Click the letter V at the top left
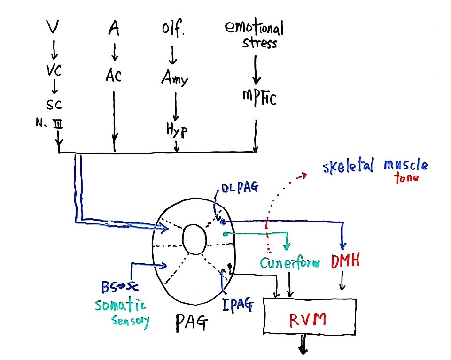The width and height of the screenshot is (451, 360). [53, 27]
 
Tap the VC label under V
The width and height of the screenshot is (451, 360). [54, 70]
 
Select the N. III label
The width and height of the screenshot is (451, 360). [49, 123]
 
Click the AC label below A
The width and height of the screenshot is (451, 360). [113, 76]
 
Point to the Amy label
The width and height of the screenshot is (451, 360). [175, 77]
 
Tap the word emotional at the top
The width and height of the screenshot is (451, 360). [254, 28]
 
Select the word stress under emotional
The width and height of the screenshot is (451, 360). [259, 43]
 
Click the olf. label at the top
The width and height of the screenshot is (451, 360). [173, 29]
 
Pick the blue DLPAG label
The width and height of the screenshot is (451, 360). [240, 188]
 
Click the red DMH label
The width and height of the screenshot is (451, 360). [345, 261]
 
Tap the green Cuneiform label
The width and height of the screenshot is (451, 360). [290, 263]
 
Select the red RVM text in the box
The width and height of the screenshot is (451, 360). [307, 319]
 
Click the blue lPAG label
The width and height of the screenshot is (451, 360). [238, 305]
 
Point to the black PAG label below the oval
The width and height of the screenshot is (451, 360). [191, 322]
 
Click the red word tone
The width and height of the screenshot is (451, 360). [407, 178]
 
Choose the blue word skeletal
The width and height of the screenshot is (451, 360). [348, 166]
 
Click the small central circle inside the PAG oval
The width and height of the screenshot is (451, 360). [194, 239]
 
